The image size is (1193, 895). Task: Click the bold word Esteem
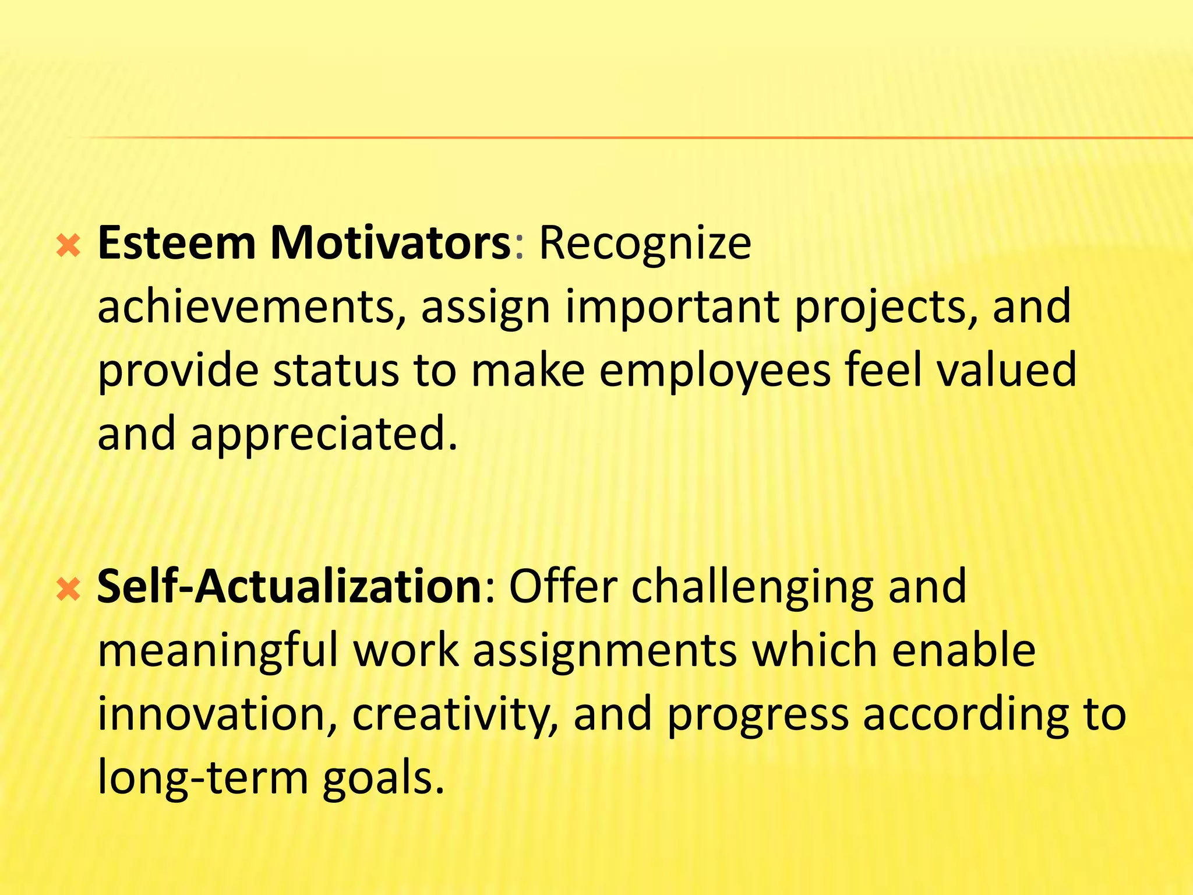[177, 243]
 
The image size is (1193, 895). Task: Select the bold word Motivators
[390, 243]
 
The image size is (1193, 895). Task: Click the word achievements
[251, 307]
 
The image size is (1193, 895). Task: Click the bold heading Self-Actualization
[289, 587]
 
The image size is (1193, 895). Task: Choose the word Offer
[563, 587]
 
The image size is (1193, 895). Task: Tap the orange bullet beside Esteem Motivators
[69, 247]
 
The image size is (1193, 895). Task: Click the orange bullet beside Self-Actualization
[69, 590]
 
